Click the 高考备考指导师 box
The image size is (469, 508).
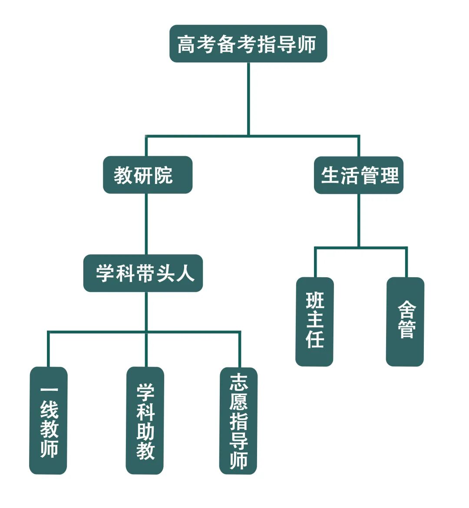(248, 44)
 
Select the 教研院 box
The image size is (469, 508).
(147, 175)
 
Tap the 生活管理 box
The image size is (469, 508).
(359, 175)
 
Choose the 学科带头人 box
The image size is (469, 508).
(143, 273)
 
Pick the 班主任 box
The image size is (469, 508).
(314, 321)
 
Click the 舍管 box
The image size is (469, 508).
(405, 321)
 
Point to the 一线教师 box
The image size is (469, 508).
(48, 420)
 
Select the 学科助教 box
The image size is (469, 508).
(145, 420)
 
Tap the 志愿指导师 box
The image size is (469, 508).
(238, 421)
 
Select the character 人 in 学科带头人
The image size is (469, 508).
(185, 274)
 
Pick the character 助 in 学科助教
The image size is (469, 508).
(145, 431)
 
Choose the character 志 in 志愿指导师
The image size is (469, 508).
(239, 383)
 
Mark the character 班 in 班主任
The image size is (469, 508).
(315, 301)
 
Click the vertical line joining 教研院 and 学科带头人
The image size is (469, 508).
(146, 223)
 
